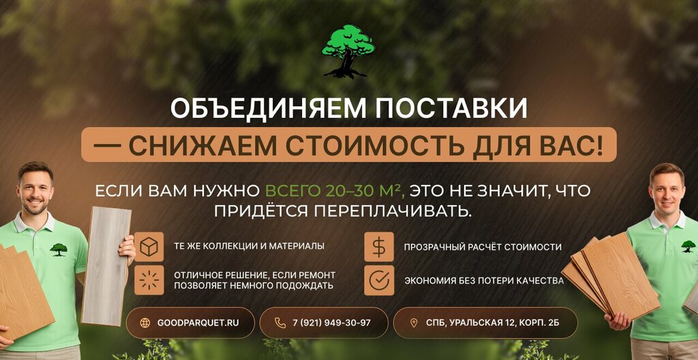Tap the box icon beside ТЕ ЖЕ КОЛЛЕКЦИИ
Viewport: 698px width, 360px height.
pyautogui.click(x=149, y=246)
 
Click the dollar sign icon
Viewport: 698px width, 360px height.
pyautogui.click(x=379, y=246)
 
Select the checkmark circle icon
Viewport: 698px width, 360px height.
pyautogui.click(x=379, y=280)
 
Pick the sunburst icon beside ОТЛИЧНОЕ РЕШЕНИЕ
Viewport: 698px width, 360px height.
pyautogui.click(x=149, y=280)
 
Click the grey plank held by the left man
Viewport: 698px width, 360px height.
pyautogui.click(x=106, y=266)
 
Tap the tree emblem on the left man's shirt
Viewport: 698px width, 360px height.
pyautogui.click(x=59, y=250)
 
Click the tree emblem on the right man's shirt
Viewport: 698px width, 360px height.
pyautogui.click(x=688, y=246)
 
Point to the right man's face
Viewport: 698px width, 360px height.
pyautogui.click(x=667, y=193)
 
